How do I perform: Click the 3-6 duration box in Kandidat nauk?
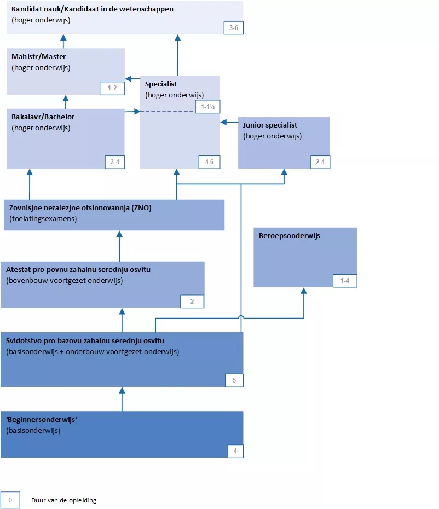(233, 28)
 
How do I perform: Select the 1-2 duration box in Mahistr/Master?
(112, 88)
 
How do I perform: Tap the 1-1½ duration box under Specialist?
(207, 107)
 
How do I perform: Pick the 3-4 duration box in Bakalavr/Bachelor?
(115, 162)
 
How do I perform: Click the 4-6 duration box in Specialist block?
(209, 162)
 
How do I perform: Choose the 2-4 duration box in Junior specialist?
(320, 162)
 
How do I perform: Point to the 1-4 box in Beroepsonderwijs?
(345, 281)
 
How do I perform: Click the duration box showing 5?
(234, 380)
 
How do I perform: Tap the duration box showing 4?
(235, 451)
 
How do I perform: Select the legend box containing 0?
(10, 500)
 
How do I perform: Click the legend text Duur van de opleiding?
(64, 500)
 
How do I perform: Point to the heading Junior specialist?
(270, 125)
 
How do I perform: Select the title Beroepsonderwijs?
(290, 236)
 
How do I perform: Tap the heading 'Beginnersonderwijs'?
(39, 420)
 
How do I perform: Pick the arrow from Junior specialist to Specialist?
(229, 122)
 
